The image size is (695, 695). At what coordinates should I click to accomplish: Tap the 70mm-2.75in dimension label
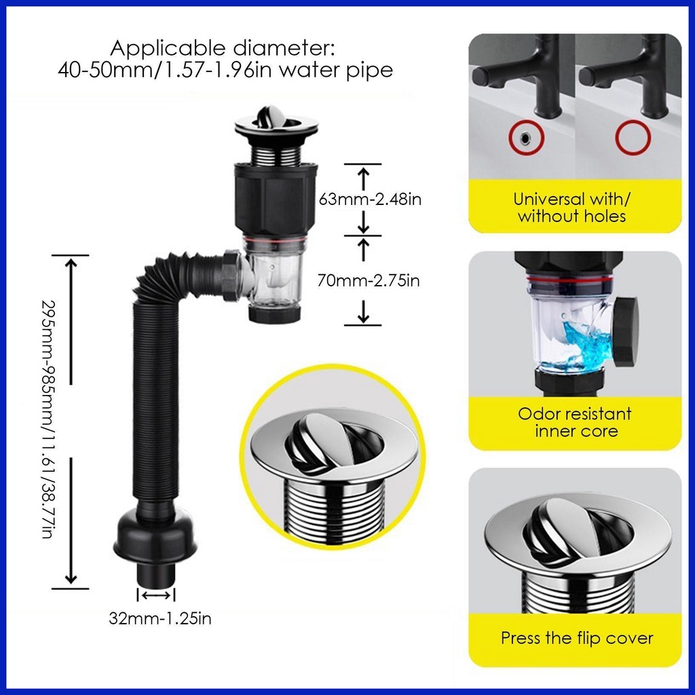coord(369,280)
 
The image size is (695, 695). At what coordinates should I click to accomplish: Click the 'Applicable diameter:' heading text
coord(223,49)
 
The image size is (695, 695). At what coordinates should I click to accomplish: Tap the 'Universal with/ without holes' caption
coord(572,208)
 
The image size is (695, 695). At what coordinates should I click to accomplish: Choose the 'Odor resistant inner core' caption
coord(575,422)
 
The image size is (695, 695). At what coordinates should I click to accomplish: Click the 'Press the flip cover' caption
coord(576,638)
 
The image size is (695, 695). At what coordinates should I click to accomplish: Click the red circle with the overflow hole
coord(524,138)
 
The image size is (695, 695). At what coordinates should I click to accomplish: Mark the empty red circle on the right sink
coord(633,138)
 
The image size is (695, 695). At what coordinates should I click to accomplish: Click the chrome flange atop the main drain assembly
coord(276,126)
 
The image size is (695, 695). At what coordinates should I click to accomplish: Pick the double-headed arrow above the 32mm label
coord(156,595)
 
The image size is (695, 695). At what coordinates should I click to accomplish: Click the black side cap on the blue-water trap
coord(625,331)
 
